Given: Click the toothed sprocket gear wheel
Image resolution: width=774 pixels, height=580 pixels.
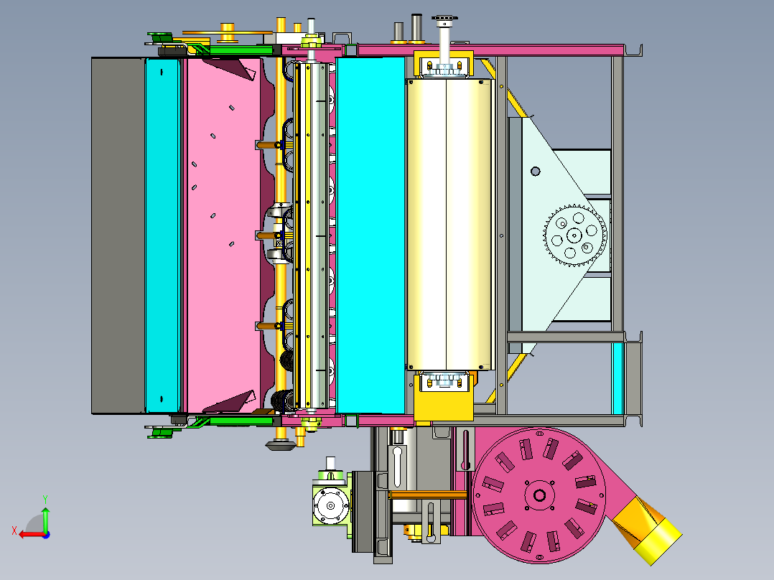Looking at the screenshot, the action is click(574, 235).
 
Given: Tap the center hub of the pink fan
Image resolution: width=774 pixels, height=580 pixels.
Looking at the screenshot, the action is click(539, 495).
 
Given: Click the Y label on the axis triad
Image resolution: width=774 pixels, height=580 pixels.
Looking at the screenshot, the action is click(45, 499).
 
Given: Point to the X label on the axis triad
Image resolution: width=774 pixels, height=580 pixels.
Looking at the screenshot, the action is click(14, 531).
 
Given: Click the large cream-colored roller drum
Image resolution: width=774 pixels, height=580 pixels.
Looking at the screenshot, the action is click(449, 224).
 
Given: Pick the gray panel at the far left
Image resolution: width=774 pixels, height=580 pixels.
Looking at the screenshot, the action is click(118, 235).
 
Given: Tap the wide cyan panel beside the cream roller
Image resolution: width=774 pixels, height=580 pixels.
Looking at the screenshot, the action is click(370, 235).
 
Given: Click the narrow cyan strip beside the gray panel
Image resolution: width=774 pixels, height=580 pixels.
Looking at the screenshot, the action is click(162, 235).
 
